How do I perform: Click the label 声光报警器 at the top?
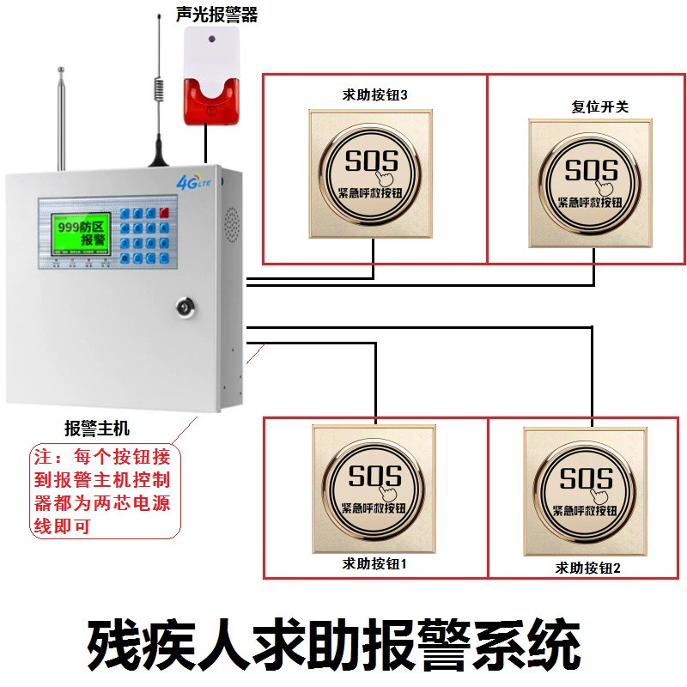(216, 15)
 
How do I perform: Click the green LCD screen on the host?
(79, 228)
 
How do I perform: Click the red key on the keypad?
(162, 210)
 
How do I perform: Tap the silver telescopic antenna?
(61, 120)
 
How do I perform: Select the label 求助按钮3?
(374, 95)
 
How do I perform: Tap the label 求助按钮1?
(374, 564)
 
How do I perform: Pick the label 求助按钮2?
(587, 567)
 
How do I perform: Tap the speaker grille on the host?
(230, 222)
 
